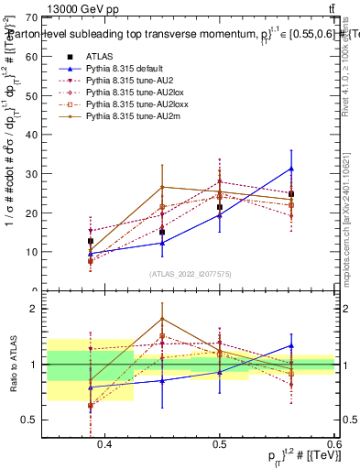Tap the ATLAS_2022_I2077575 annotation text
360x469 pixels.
tap(190, 273)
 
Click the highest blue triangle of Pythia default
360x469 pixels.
tap(291, 169)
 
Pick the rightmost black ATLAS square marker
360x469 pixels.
tap(291, 194)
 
